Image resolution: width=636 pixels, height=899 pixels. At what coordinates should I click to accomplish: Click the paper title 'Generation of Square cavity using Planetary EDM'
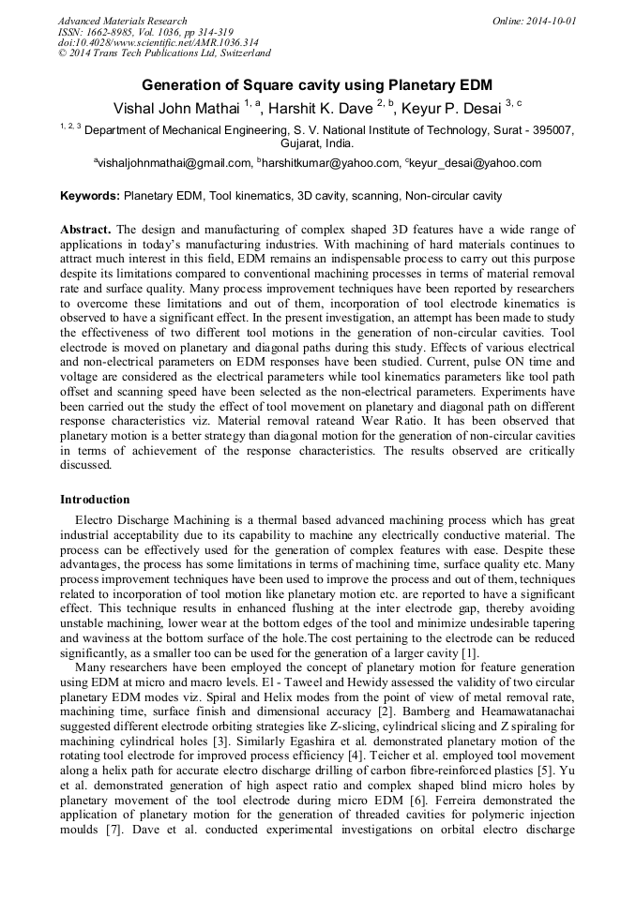pyautogui.click(x=317, y=82)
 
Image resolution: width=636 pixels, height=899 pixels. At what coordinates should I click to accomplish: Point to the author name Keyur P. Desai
pyautogui.click(x=452, y=108)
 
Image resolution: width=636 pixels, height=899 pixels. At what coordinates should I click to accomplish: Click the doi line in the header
pyautogui.click(x=158, y=43)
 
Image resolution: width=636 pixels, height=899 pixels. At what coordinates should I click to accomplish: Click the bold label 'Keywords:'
pyautogui.click(x=90, y=197)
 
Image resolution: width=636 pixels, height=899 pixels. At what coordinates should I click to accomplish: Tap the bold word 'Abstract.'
pyautogui.click(x=86, y=230)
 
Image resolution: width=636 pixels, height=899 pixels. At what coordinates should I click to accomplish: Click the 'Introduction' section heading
pyautogui.click(x=95, y=500)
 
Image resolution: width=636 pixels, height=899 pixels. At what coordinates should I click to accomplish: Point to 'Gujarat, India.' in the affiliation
pyautogui.click(x=317, y=144)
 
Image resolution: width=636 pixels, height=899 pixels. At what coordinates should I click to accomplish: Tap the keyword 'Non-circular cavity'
pyautogui.click(x=453, y=197)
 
